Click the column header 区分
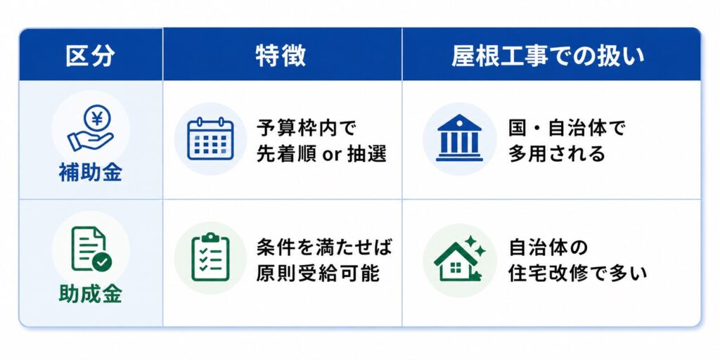click(91, 56)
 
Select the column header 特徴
click(281, 56)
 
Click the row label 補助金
click(91, 174)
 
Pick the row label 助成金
click(91, 294)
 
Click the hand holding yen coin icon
click(91, 128)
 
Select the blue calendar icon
click(210, 139)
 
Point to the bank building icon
click(459, 138)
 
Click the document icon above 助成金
click(91, 248)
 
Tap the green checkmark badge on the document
click(102, 262)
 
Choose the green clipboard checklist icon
click(210, 257)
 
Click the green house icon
click(456, 262)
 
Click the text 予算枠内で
click(307, 128)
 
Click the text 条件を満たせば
click(324, 247)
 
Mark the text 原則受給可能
click(318, 274)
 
